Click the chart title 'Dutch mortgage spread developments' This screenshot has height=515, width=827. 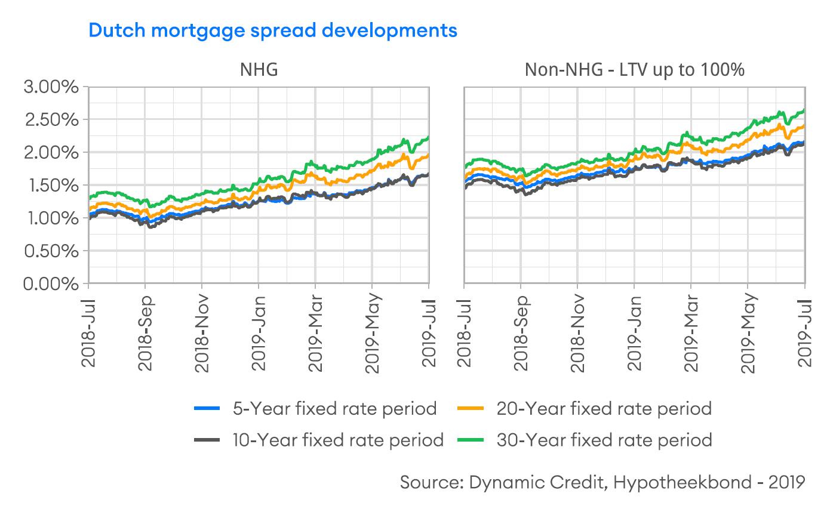click(x=273, y=30)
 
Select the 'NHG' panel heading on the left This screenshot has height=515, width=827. click(x=259, y=70)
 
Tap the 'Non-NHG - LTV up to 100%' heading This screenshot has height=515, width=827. click(x=634, y=70)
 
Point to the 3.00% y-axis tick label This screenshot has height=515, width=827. click(x=51, y=87)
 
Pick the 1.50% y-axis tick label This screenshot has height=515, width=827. click(x=51, y=186)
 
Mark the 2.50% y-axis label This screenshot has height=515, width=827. click(x=51, y=120)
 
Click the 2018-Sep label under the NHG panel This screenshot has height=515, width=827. click(x=145, y=332)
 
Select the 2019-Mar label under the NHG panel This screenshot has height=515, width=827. click(x=315, y=332)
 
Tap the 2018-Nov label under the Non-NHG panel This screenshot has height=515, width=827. click(x=578, y=332)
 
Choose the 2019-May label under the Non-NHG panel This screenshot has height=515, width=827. click(x=748, y=332)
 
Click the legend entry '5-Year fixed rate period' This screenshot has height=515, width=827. click(x=335, y=409)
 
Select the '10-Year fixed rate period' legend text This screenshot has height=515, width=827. click(x=338, y=440)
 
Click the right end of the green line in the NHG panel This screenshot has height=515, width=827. click(x=428, y=138)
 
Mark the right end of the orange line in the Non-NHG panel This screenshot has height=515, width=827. click(x=804, y=126)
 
